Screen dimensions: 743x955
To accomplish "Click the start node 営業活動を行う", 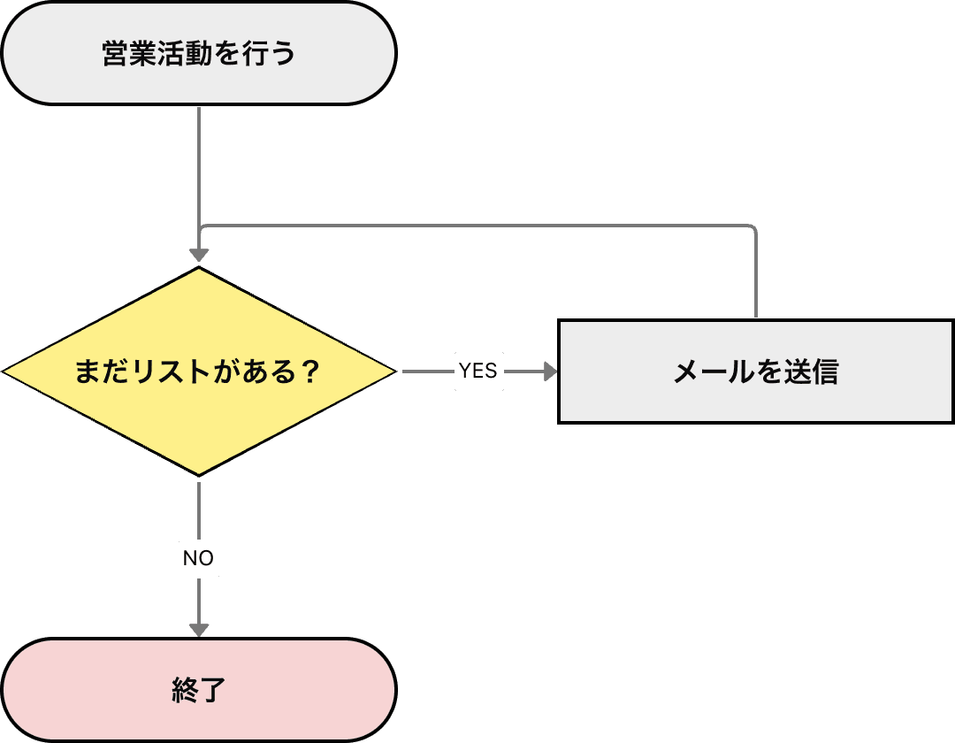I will (199, 54).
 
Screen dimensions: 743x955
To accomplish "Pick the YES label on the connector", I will (478, 371).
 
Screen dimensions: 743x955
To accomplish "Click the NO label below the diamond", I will (199, 559).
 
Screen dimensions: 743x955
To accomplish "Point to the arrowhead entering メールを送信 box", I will (551, 371).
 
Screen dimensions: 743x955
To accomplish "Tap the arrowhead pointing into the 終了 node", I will (199, 630).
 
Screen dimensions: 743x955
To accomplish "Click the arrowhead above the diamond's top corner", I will (199, 256).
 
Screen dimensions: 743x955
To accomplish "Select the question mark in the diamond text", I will (309, 371).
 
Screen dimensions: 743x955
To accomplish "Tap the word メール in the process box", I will (704, 372).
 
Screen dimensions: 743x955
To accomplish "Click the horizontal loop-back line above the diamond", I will (477, 226).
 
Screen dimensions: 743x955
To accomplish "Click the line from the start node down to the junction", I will (199, 164).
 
